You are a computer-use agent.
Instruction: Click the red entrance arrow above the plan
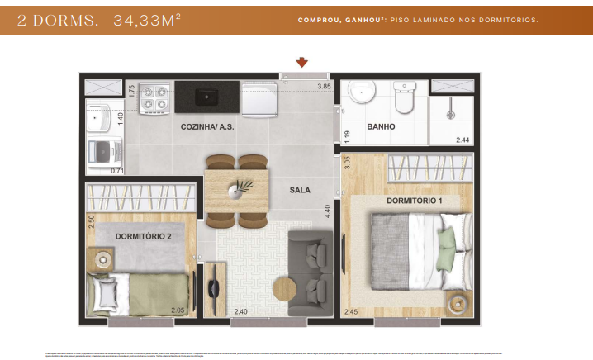302,62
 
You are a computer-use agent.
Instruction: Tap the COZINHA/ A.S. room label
205,127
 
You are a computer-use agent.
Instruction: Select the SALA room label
300,190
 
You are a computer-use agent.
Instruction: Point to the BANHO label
382,127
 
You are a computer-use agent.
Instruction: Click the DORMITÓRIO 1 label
414,201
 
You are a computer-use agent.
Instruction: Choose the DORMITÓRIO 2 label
144,237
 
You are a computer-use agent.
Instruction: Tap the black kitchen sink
206,97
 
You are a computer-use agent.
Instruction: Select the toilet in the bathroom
404,98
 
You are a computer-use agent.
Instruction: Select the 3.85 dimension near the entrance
324,86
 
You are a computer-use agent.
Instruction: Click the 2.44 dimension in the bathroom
463,140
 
